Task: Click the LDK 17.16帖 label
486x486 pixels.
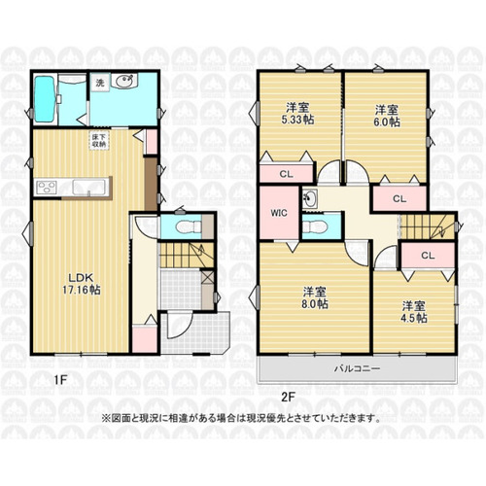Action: coord(82,284)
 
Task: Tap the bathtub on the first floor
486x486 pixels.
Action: coord(45,99)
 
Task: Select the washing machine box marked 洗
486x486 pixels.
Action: coord(100,83)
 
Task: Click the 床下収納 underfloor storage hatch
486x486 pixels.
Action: coord(99,140)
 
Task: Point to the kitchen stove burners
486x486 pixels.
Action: coord(47,188)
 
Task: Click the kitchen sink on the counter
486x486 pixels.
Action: coord(89,188)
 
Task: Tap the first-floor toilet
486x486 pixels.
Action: coord(187,226)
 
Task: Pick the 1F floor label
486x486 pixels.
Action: coord(60,380)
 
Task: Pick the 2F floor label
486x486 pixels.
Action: coord(289,398)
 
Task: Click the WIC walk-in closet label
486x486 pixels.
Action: coord(279,213)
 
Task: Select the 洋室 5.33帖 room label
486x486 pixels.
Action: coord(297,114)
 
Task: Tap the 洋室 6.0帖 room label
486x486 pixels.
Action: coord(387,116)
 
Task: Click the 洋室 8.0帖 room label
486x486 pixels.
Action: coord(315,297)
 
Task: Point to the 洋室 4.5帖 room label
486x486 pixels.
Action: coord(414,312)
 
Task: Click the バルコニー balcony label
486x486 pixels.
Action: coord(358,368)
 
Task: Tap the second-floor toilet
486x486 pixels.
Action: coord(316,226)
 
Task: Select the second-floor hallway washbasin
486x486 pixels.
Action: coord(310,196)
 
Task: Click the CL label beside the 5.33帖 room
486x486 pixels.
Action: coord(286,174)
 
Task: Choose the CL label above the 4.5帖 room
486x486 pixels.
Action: coord(428,256)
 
